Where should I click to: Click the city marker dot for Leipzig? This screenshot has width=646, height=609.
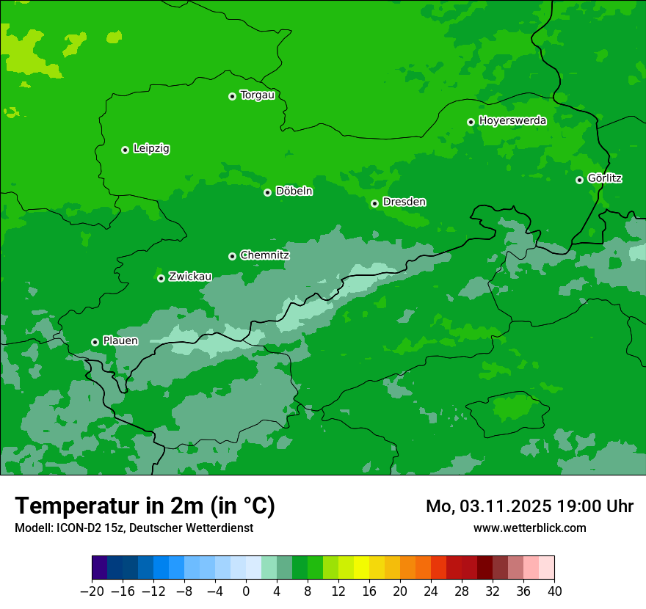pyautogui.click(x=125, y=150)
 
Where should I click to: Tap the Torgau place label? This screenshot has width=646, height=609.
pyautogui.click(x=257, y=95)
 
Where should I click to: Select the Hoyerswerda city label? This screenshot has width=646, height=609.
pyautogui.click(x=512, y=121)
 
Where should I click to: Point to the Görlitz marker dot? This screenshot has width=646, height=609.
pyautogui.click(x=579, y=180)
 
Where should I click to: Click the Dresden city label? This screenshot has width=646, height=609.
pyautogui.click(x=404, y=202)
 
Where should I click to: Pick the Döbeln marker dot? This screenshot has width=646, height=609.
pyautogui.click(x=267, y=192)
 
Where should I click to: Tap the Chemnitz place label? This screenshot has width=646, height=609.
pyautogui.click(x=264, y=255)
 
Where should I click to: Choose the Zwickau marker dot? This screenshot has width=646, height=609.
pyautogui.click(x=161, y=278)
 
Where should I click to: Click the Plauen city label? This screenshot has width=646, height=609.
pyautogui.click(x=120, y=340)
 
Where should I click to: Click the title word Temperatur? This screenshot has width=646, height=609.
pyautogui.click(x=72, y=506)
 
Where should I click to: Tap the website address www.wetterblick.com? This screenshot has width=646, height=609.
pyautogui.click(x=529, y=528)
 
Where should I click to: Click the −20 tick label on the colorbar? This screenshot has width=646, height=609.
pyautogui.click(x=92, y=591)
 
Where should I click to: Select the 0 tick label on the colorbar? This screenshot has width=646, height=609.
pyautogui.click(x=246, y=591)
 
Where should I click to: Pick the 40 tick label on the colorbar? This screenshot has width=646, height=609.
pyautogui.click(x=554, y=591)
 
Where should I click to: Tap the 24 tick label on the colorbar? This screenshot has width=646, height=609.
pyautogui.click(x=431, y=591)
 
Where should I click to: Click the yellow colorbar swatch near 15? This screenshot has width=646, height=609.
pyautogui.click(x=361, y=568)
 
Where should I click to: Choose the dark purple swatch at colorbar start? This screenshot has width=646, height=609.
pyautogui.click(x=99, y=568)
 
